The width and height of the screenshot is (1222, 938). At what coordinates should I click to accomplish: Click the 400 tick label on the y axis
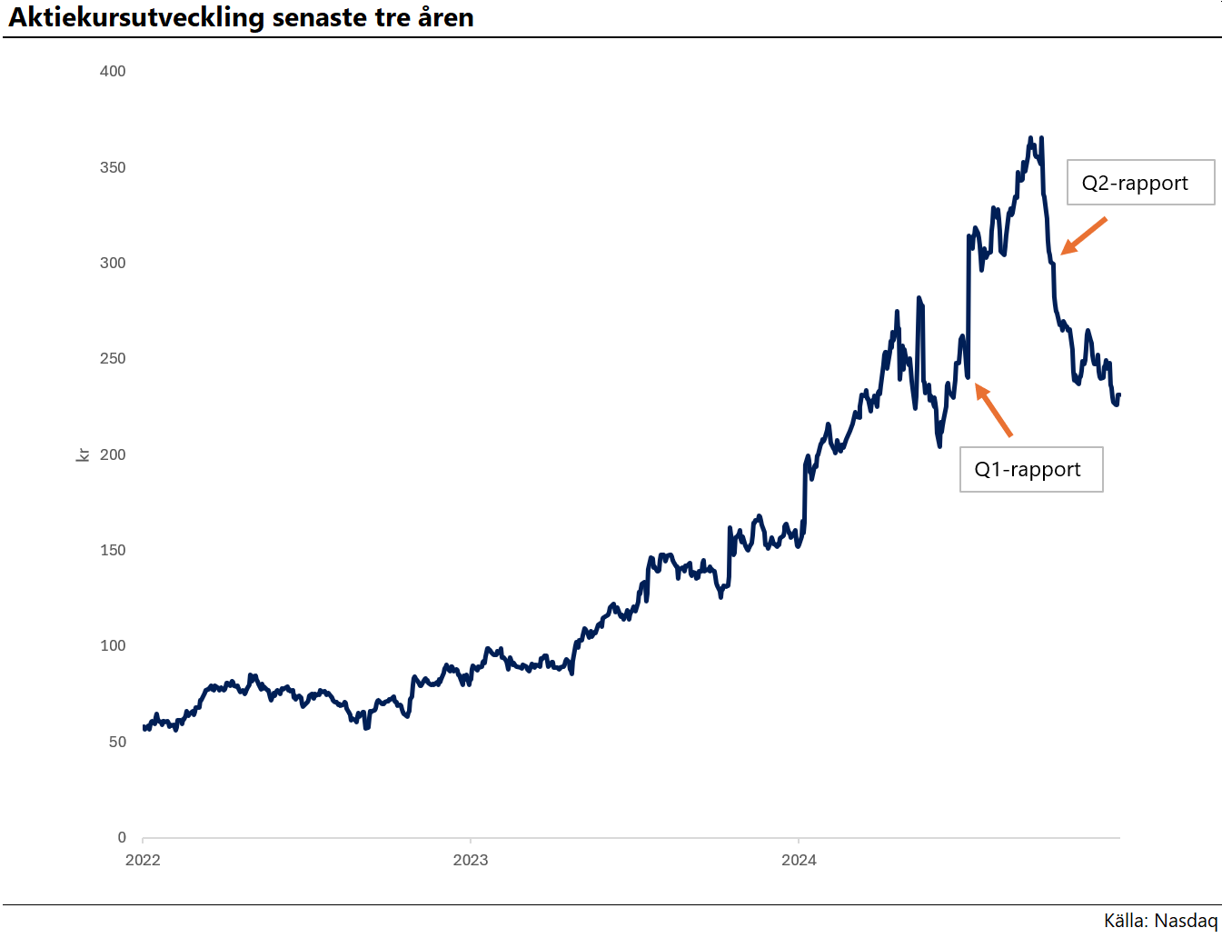113,71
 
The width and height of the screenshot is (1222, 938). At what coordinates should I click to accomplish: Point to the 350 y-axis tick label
113,167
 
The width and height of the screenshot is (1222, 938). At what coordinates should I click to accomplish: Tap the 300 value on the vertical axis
113,263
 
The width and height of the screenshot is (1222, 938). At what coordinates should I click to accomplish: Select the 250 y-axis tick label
113,358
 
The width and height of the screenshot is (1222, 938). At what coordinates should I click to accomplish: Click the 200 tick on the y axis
113,454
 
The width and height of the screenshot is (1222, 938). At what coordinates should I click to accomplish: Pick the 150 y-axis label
113,550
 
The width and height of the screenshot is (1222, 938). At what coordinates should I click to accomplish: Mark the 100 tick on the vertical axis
113,645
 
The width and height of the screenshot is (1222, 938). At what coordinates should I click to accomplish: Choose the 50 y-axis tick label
117,742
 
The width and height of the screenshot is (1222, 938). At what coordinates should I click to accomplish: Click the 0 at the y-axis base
122,837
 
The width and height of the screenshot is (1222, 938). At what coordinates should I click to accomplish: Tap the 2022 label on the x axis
143,860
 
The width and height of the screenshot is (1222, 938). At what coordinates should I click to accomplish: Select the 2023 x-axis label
471,860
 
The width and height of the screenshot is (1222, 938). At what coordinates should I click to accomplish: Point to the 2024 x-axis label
799,860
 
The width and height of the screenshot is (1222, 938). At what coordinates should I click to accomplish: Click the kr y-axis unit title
83,454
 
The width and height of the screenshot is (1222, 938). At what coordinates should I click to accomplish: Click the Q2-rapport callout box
1140,183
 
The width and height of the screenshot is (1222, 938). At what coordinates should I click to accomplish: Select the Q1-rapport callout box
1031,469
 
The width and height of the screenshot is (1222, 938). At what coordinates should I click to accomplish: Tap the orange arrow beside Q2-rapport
1083,235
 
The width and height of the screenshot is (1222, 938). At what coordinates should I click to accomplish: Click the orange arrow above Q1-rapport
993,410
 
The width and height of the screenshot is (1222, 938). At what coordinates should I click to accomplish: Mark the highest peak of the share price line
1030,138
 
